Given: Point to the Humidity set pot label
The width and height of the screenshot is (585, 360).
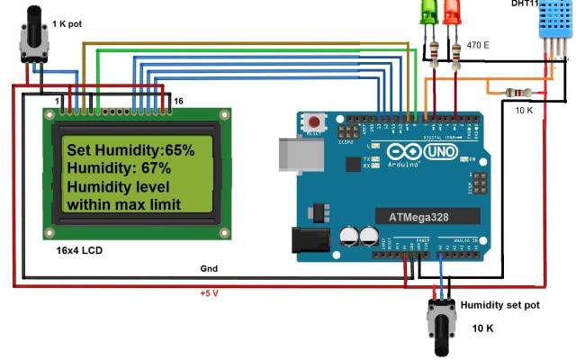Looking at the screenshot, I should tap(499, 305).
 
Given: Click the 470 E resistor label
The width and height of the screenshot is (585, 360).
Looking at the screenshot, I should tap(478, 44).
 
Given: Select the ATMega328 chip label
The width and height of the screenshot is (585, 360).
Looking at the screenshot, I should tap(420, 217).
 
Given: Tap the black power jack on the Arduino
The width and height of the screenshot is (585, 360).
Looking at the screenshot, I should tap(307, 238).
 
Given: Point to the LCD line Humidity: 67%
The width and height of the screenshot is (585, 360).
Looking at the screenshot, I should tap(118, 168).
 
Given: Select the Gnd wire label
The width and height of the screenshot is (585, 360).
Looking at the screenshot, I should tap(209, 268).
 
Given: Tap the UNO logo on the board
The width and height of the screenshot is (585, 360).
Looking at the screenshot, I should tap(439, 151).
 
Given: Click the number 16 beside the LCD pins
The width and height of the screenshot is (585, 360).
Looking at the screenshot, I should tap(178, 101).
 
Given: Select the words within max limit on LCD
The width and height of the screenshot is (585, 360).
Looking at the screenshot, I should tap(124, 204).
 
